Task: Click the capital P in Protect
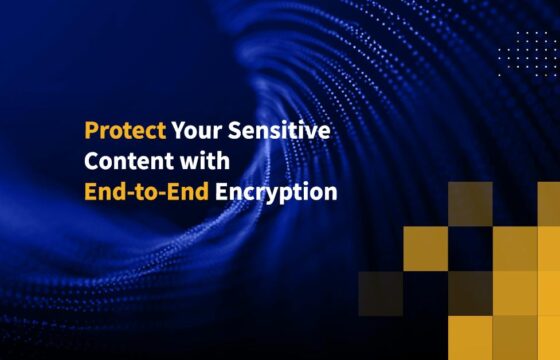coord(90,132)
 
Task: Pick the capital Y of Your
coord(176,132)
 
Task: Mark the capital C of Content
coord(91,161)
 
